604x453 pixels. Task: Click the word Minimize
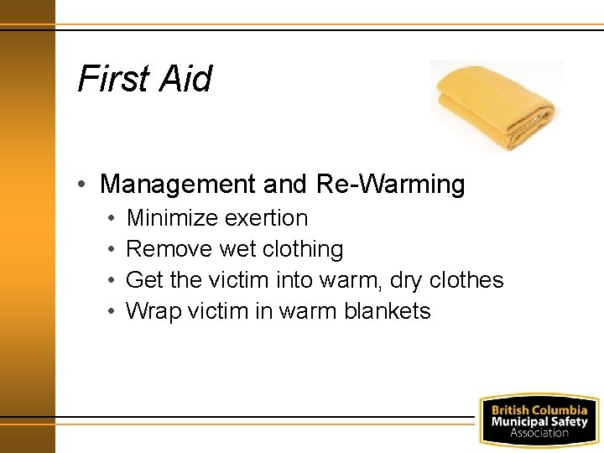click(x=170, y=218)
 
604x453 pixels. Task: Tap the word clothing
click(x=303, y=249)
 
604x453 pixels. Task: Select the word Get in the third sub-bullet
click(x=143, y=280)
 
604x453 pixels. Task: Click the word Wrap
click(x=153, y=311)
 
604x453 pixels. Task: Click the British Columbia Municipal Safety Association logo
click(x=539, y=420)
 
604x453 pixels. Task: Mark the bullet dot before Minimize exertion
click(x=112, y=219)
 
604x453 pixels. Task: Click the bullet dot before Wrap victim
click(x=112, y=312)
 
